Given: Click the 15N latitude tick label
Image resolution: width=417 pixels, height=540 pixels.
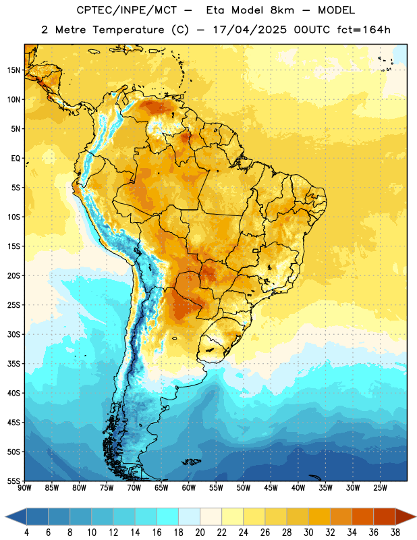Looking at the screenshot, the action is pos(13,70).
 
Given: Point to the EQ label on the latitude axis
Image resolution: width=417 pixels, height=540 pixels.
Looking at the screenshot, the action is pos(16,159).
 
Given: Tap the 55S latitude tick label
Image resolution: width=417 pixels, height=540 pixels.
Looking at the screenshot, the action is pos(13,481).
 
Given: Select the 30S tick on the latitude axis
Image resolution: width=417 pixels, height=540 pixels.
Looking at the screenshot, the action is pos(13,334).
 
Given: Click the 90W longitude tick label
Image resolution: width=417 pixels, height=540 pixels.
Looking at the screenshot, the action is pos(24,488).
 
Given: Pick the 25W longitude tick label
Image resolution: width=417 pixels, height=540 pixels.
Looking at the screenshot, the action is pos(380,488).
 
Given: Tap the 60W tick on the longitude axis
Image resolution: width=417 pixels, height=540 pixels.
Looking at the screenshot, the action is pos(189,488).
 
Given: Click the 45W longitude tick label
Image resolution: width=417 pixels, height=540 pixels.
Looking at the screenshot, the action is pos(271,488).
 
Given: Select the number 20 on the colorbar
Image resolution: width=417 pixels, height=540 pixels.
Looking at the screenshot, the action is pos(200,533).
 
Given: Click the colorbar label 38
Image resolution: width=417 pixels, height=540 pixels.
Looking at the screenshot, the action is pos(395,533).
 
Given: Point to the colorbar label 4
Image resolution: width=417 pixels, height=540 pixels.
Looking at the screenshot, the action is pos(26,533).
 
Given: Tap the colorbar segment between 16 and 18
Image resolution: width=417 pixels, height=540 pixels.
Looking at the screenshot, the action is pos(168,516).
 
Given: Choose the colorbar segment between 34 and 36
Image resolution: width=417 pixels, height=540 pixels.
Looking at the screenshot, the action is pos(363,516).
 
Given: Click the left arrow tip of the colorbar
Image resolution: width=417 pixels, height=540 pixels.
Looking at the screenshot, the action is pos(5,516).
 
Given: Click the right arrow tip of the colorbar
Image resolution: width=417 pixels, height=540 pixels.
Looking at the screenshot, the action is pos(416,516).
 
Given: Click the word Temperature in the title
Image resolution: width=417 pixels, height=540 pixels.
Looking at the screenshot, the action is pos(129,30).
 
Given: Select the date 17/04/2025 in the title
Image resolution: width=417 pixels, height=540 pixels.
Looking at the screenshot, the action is pos(250,30).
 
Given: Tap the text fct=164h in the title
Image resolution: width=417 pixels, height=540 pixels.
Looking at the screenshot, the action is pos(364,30).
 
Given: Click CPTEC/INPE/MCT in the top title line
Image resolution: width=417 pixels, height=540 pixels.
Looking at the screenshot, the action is pos(126,10).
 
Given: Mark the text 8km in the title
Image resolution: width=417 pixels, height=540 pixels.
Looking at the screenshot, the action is pos(282,10).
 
